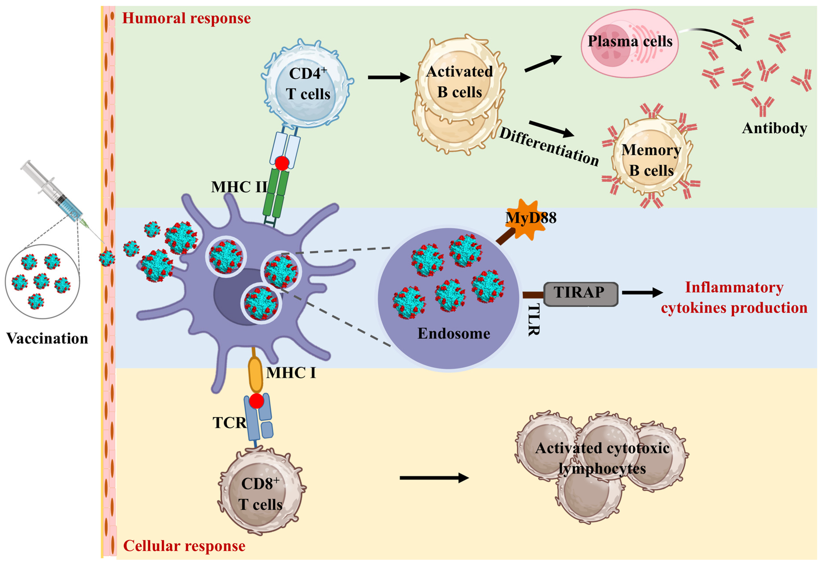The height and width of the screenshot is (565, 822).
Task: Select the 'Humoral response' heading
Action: [186, 18]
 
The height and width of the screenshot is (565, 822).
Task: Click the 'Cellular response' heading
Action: [184, 546]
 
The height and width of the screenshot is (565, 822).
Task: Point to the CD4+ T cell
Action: [307, 83]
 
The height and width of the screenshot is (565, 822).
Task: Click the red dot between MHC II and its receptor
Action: [282, 163]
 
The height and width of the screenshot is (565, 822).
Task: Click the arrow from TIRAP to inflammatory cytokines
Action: [642, 292]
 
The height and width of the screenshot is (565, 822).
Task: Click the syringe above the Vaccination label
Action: [53, 193]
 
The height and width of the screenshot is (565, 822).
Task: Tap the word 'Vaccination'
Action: [47, 338]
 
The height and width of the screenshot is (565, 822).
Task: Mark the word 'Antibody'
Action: [775, 128]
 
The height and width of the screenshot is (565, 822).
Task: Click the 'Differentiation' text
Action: [549, 147]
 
